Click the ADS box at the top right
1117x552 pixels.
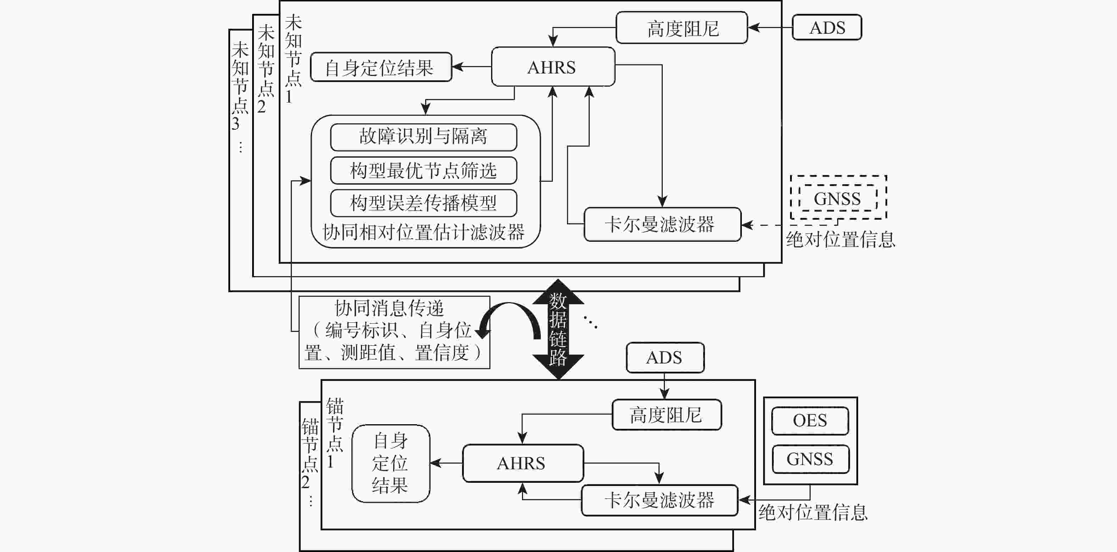pos(827,28)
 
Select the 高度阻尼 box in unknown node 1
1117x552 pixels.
pos(682,28)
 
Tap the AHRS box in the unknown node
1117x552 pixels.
pos(552,67)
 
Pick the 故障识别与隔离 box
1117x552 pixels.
pos(423,137)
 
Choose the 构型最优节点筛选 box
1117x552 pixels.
pos(423,170)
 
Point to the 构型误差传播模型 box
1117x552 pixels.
pos(423,203)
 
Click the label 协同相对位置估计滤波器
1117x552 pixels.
pos(423,232)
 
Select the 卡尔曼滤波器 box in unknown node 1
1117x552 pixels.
pos(662,225)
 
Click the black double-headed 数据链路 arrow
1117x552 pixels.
pos(558,329)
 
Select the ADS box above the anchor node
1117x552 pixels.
pos(665,357)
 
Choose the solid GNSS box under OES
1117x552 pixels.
pos(810,459)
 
